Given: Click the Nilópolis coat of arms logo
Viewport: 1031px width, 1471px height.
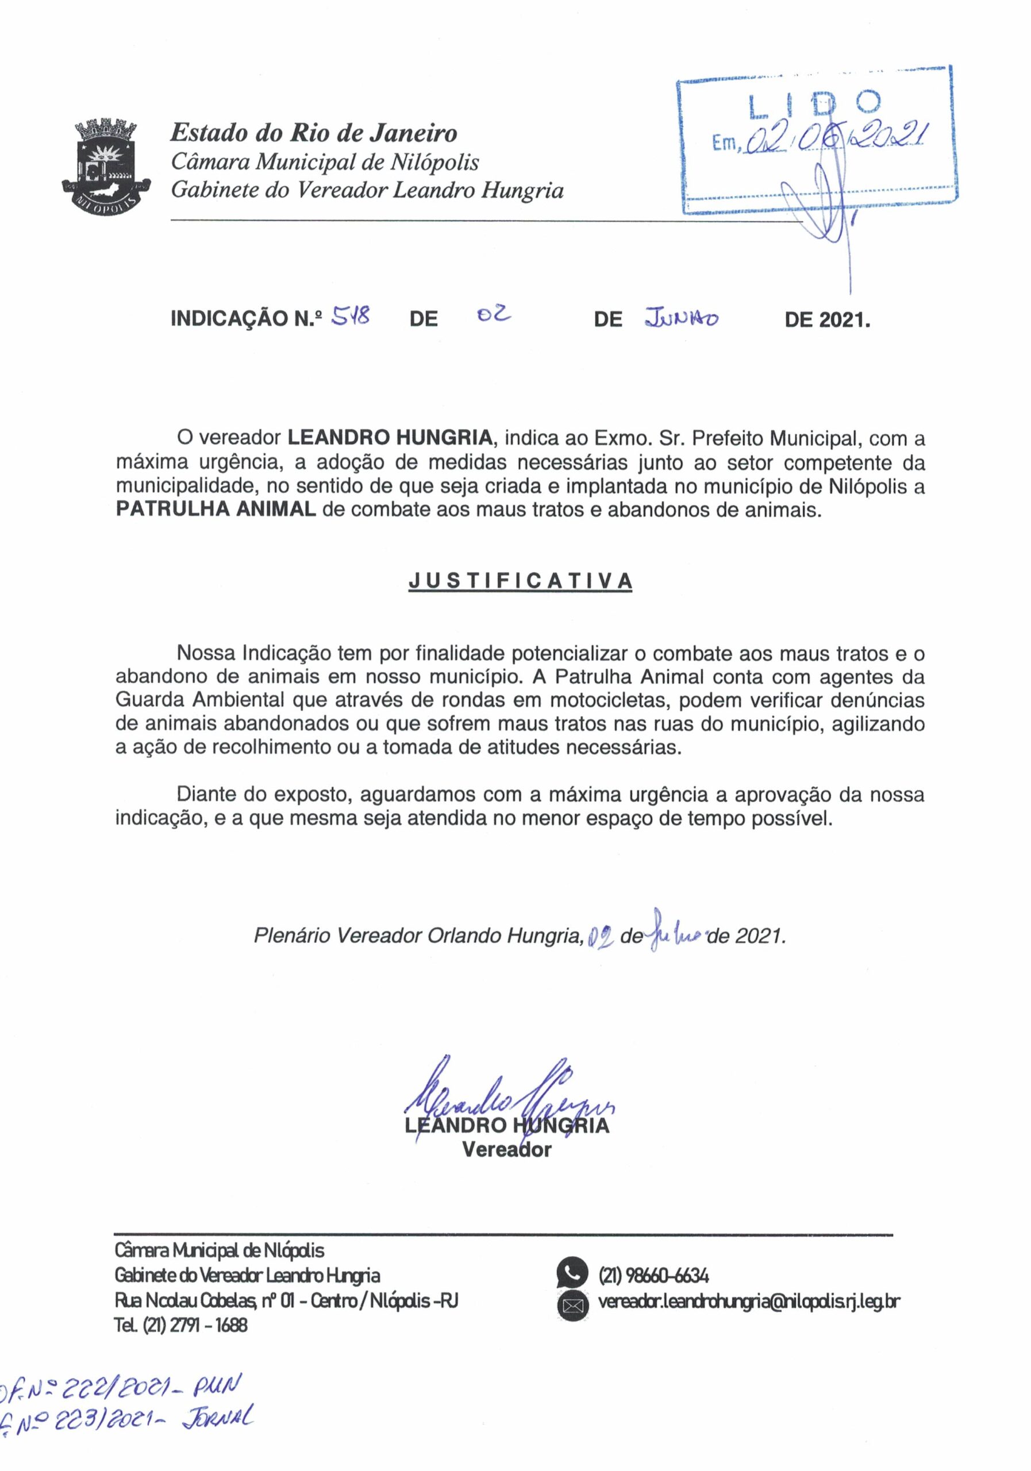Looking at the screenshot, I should coord(106,167).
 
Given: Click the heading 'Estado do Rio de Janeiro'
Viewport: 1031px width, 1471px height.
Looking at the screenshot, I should coord(313,133).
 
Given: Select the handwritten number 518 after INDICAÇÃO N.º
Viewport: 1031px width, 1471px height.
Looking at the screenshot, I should coord(350,316).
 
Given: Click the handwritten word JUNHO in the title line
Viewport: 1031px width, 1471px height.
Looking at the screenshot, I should coord(682,318).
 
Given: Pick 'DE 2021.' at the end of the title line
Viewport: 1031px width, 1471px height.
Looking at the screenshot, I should coord(827,318).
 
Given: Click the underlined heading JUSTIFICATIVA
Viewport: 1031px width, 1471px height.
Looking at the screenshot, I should coord(520,580).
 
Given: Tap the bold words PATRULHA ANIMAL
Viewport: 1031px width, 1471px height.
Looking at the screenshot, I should coord(216,509).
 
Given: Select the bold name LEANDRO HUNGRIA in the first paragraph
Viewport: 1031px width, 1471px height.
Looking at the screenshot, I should coord(390,438).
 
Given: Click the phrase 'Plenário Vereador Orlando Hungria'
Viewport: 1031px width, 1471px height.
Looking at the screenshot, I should coord(417,936).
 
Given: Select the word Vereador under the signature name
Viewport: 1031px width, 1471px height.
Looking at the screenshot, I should coord(506,1149).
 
